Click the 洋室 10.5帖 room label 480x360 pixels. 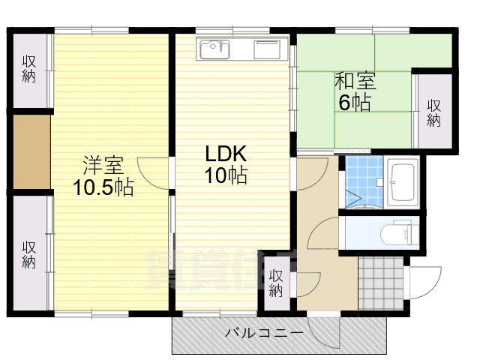103,176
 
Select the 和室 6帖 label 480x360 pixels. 354,92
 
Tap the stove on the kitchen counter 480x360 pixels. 267,49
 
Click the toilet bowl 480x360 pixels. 397,234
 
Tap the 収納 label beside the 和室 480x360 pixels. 434,112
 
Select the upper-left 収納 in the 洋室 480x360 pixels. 29,69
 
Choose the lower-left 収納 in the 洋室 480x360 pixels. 29,253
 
